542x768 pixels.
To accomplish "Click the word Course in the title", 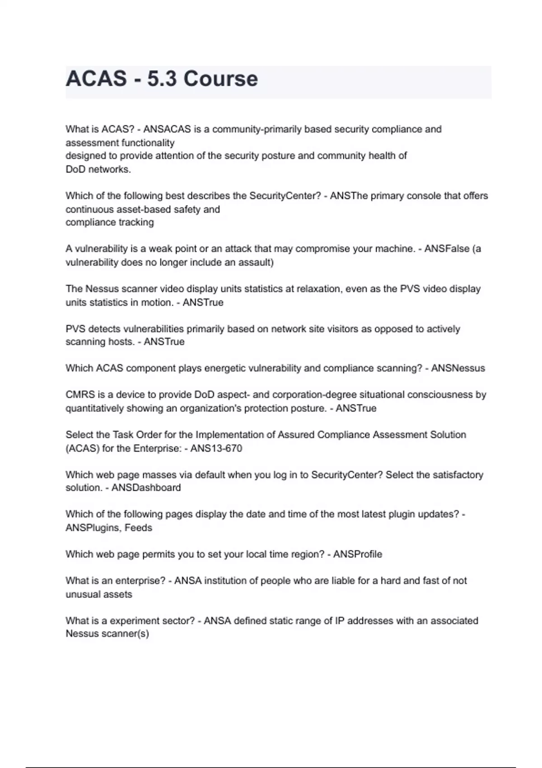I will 220,79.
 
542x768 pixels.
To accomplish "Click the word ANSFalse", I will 448,249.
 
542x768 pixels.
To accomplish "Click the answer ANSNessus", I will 458,368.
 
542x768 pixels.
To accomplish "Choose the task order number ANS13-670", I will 216,449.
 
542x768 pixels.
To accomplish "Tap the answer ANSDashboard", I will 146,488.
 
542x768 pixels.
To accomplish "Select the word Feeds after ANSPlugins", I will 139,528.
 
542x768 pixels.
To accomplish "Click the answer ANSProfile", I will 358,554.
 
